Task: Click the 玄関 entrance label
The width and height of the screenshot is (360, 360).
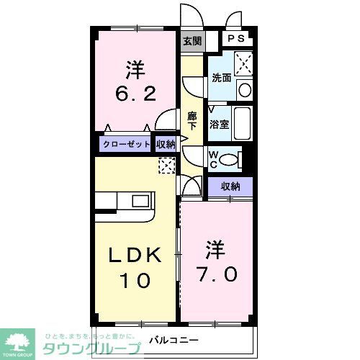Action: pos(192,41)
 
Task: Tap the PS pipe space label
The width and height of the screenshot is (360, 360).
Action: pos(236,40)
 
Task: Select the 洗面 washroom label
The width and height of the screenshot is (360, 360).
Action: pos(220,78)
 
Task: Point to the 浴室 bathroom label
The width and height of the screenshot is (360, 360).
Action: pos(219,124)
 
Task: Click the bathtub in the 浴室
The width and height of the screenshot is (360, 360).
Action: pos(242,125)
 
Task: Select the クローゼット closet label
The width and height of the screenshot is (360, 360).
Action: pos(127,144)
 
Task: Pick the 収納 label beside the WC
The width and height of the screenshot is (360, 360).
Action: pos(230,186)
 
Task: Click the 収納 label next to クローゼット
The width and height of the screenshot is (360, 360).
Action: pos(166,144)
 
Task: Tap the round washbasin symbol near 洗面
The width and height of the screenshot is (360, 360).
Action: pos(244,91)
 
